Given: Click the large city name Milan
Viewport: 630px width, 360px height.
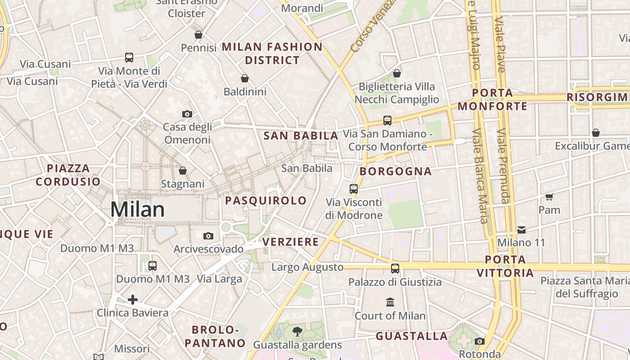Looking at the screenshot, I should pyautogui.click(x=138, y=210).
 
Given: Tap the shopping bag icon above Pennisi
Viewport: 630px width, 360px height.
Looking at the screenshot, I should pyautogui.click(x=198, y=35).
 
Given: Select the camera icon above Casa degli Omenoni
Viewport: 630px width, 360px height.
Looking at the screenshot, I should pyautogui.click(x=187, y=114).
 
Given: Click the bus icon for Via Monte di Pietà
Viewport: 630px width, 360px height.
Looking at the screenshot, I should pyautogui.click(x=129, y=58).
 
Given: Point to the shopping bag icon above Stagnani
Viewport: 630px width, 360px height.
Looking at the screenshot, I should pyautogui.click(x=183, y=171).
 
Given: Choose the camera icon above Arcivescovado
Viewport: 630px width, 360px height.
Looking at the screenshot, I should pyautogui.click(x=208, y=236).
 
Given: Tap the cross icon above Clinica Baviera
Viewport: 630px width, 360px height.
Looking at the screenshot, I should pyautogui.click(x=133, y=299).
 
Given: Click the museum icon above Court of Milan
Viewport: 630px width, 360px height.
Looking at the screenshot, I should pyautogui.click(x=390, y=302).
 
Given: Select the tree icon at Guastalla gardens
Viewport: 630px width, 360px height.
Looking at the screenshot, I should pyautogui.click(x=297, y=332).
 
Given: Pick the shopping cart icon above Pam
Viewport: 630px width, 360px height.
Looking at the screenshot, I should pyautogui.click(x=549, y=197).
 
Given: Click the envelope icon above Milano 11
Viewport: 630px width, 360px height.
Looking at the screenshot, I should pyautogui.click(x=521, y=230).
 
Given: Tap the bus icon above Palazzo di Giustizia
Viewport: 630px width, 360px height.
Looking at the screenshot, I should pyautogui.click(x=395, y=269).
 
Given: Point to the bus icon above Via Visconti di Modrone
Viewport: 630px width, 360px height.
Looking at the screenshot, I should pyautogui.click(x=354, y=189).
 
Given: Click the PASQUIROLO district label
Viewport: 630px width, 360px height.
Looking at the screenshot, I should pyautogui.click(x=266, y=201).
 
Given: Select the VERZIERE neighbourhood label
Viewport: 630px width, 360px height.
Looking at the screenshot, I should pyautogui.click(x=291, y=242).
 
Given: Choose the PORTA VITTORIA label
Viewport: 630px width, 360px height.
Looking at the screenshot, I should pyautogui.click(x=505, y=266).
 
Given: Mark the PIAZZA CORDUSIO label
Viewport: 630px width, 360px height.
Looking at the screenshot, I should pyautogui.click(x=68, y=175).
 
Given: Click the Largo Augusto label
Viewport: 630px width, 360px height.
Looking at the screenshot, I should pyautogui.click(x=307, y=267).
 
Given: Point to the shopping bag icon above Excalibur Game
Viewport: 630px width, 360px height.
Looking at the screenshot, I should pyautogui.click(x=596, y=133).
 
